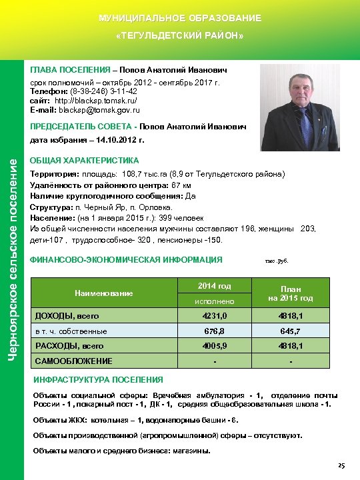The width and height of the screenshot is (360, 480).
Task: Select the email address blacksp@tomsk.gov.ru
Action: pos(103,109)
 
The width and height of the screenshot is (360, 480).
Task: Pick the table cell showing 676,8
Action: pos(214,331)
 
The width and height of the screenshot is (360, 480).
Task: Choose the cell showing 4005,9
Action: pos(214,346)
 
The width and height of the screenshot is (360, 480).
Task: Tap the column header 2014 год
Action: pos(214,285)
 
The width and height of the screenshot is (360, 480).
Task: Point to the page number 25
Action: pos(341,465)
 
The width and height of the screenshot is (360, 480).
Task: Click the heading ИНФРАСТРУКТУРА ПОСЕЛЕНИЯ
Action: pos(97,379)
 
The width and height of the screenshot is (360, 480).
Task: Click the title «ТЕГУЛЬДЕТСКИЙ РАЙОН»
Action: pos(179,34)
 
